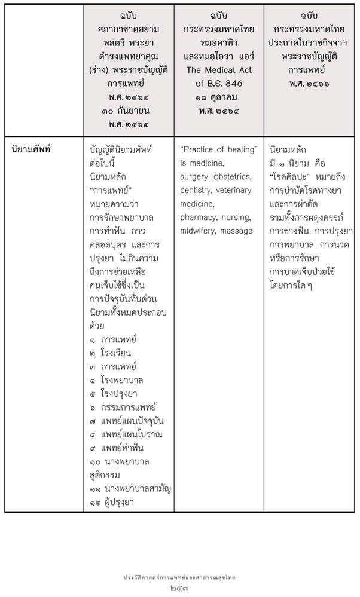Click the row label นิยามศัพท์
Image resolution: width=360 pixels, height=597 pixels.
pyautogui.click(x=32, y=149)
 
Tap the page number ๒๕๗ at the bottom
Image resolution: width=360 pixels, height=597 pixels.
pyautogui.click(x=179, y=588)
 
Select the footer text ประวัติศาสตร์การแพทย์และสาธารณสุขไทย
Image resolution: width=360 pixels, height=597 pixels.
pyautogui.click(x=179, y=577)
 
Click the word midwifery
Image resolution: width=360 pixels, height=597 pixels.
pyautogui.click(x=199, y=231)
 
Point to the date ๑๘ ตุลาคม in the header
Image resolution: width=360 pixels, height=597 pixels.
pyautogui.click(x=218, y=97)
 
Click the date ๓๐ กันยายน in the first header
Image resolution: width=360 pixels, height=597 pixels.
pyautogui.click(x=128, y=111)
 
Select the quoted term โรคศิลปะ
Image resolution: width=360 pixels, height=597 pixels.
pyautogui.click(x=291, y=176)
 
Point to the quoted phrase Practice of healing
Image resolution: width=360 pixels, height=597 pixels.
pyautogui.click(x=218, y=149)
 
